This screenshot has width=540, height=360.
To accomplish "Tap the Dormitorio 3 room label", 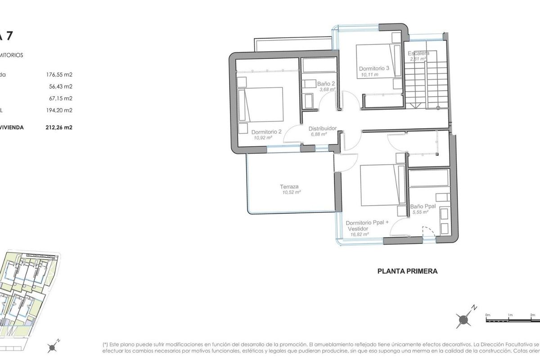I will pyautogui.click(x=373, y=69).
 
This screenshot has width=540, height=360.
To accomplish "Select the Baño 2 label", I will pyautogui.click(x=326, y=84).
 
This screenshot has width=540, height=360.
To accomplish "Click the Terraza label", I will pyautogui.click(x=289, y=187).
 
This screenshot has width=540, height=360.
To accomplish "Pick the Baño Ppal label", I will pyautogui.click(x=423, y=207).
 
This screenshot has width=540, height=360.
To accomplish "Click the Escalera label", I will pyautogui.click(x=418, y=53).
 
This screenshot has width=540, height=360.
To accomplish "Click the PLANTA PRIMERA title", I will pyautogui.click(x=407, y=271).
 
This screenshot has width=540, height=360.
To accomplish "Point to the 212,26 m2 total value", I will pyautogui.click(x=59, y=127).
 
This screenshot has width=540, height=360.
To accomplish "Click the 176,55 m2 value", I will pyautogui.click(x=59, y=75).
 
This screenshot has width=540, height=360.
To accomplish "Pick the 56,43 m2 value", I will pyautogui.click(x=61, y=86).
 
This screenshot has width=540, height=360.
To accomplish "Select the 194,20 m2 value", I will pyautogui.click(x=59, y=110).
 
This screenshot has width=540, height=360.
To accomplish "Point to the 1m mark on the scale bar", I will pyautogui.click(x=510, y=315).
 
